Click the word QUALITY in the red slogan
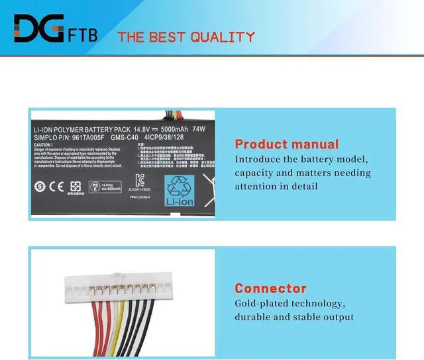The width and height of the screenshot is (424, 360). coord(222,37)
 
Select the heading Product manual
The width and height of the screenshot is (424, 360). coord(287,144)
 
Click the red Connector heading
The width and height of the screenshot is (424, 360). coord(270,289)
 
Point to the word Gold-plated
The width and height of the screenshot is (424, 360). coord(261,304)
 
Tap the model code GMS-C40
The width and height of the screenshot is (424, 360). coord(128,138)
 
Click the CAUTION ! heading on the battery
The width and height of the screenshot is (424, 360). coord(47,145)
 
